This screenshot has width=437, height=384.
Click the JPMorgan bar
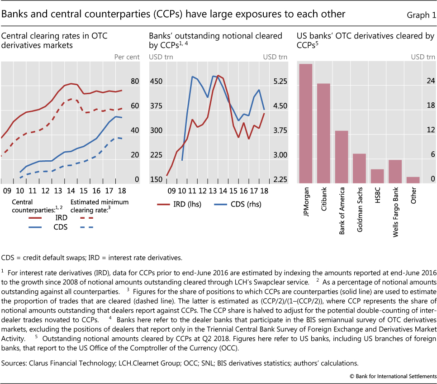tap(306, 124)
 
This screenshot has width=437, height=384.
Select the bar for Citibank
tap(323, 133)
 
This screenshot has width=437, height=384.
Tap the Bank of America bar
tap(342, 157)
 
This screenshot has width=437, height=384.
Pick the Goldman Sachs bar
tap(359, 168)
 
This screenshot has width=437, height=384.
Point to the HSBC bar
tap(377, 176)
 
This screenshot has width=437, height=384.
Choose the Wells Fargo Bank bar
tap(395, 171)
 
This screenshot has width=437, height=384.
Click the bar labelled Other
tap(413, 180)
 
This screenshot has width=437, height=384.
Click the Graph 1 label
tap(421, 15)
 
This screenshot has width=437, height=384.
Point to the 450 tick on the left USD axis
tap(157, 82)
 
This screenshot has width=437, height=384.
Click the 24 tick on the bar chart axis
tap(418, 82)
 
